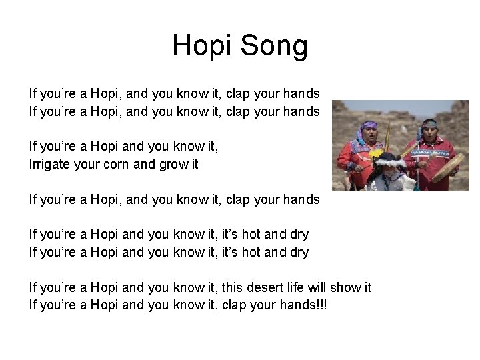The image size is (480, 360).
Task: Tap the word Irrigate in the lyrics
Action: pyautogui.click(x=51, y=163)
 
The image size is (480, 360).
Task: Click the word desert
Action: pyautogui.click(x=249, y=288)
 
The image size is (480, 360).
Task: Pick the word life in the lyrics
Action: pyautogui.click(x=289, y=288)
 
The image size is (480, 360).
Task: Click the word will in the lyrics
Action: pyautogui.click(x=315, y=288)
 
